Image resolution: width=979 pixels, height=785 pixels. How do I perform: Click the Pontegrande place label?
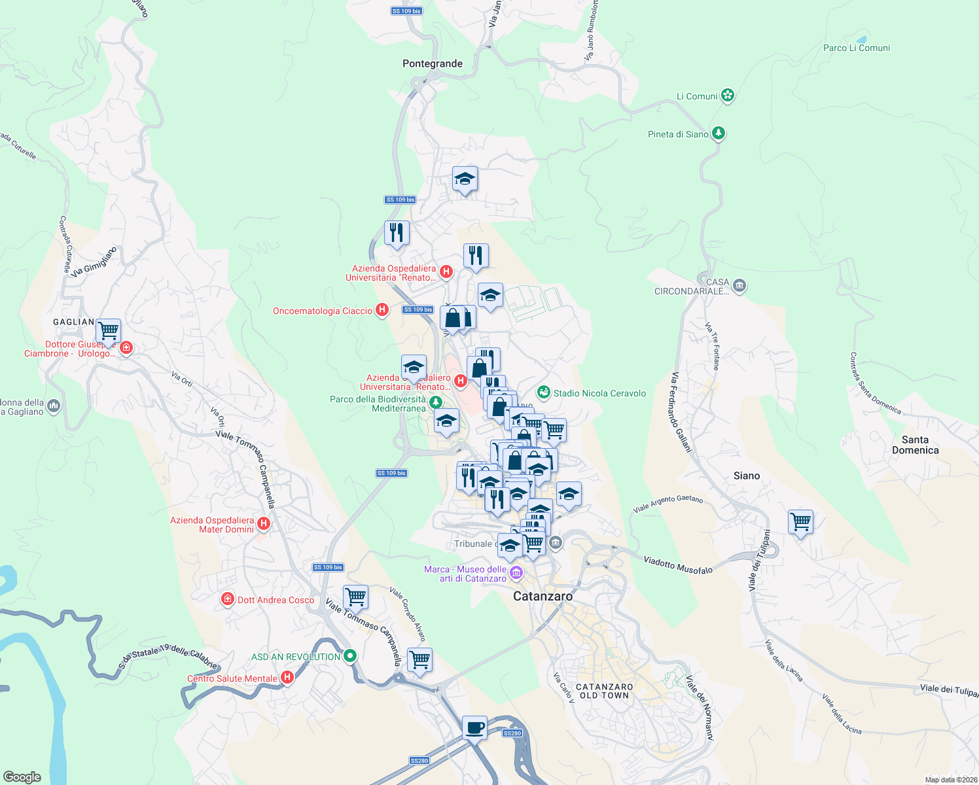432,63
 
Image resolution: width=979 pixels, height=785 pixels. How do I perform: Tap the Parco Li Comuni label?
856,48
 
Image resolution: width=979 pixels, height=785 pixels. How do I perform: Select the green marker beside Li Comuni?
728,96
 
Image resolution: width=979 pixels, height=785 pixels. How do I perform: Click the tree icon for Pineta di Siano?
719,133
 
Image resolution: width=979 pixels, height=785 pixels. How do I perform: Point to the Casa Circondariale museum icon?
739,285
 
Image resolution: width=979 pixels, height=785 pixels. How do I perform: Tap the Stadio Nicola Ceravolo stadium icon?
543,392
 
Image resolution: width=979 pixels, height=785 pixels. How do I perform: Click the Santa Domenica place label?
915,445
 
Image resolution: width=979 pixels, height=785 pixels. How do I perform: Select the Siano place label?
746,476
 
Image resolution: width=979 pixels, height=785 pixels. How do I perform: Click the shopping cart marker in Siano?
800,522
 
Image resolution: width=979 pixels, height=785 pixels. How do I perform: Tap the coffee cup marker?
474,727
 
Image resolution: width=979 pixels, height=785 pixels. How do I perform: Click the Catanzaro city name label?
543,596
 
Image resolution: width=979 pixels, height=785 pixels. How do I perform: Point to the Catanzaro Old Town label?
604,691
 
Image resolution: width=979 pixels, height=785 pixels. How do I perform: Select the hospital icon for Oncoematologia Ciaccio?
382,310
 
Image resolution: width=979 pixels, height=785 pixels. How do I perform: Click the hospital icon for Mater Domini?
264,523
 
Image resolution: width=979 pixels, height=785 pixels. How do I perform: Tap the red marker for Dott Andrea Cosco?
227,599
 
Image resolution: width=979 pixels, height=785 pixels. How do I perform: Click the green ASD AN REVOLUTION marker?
350,655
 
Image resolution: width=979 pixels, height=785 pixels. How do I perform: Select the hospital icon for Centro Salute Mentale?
287,678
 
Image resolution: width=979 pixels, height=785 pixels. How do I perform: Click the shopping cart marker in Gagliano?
108,330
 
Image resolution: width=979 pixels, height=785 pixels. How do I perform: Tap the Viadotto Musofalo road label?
678,565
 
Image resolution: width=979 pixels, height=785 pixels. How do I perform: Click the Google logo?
22,776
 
